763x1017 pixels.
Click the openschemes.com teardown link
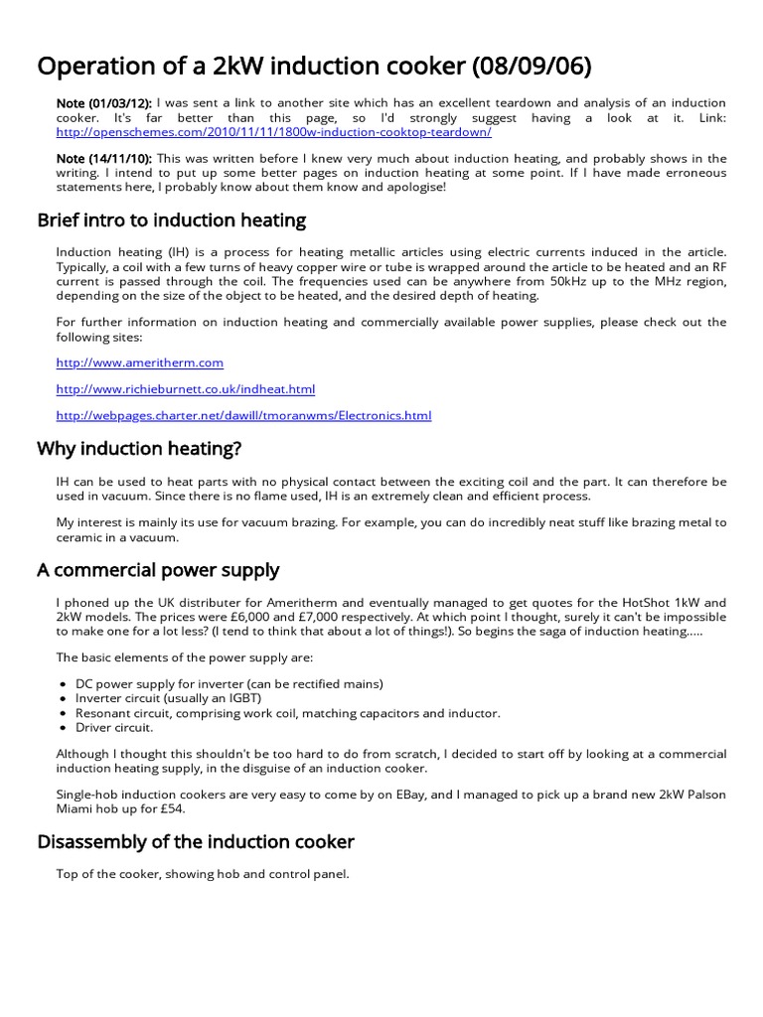pyautogui.click(x=273, y=132)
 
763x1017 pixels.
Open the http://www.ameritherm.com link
pyautogui.click(x=140, y=363)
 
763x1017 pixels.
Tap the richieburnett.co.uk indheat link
pyautogui.click(x=186, y=388)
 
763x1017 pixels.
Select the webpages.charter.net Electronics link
pyautogui.click(x=244, y=415)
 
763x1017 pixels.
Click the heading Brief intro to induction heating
pyautogui.click(x=171, y=219)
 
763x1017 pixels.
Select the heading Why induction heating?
pyautogui.click(x=139, y=449)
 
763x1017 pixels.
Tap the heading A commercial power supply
pyautogui.click(x=158, y=570)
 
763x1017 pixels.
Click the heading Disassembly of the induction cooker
pyautogui.click(x=195, y=842)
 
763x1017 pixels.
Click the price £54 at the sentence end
pyautogui.click(x=171, y=808)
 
